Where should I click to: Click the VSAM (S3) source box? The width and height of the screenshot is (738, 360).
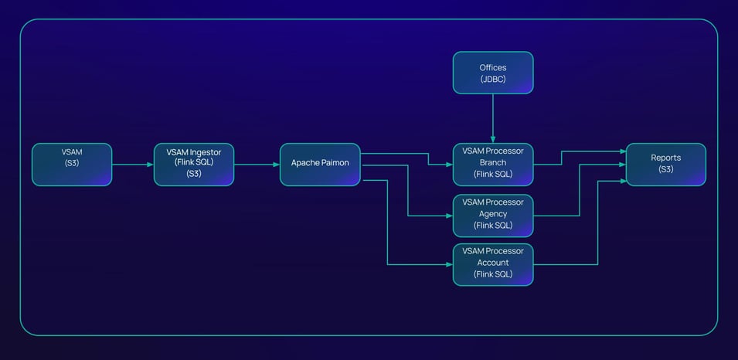(x=72, y=165)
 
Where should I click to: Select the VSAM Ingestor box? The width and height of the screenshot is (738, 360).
(x=193, y=165)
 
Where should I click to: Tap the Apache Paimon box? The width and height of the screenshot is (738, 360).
(x=320, y=165)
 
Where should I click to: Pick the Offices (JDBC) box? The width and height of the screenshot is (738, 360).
(x=492, y=73)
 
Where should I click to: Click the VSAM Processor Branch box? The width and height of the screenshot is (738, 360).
(x=492, y=165)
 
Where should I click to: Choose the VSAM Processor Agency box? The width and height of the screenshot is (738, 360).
(x=492, y=215)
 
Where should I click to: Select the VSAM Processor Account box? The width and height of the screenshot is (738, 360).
(x=492, y=264)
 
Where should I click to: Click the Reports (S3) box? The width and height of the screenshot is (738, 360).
(x=665, y=165)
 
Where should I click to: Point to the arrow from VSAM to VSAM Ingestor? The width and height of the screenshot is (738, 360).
(x=133, y=165)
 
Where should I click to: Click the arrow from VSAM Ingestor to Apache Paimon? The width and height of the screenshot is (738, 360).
(x=257, y=165)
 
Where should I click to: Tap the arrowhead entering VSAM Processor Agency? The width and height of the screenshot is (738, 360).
(x=449, y=215)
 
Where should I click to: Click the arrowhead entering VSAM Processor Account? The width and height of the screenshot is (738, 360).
(x=449, y=264)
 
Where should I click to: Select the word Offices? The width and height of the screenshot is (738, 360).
(x=492, y=68)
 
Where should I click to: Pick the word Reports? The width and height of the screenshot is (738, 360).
(x=665, y=158)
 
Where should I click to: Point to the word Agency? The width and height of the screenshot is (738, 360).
(x=493, y=214)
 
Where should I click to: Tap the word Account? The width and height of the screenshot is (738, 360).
(x=493, y=263)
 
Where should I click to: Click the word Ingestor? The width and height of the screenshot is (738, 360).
(x=204, y=152)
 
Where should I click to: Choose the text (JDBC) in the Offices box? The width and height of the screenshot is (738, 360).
(x=492, y=79)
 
